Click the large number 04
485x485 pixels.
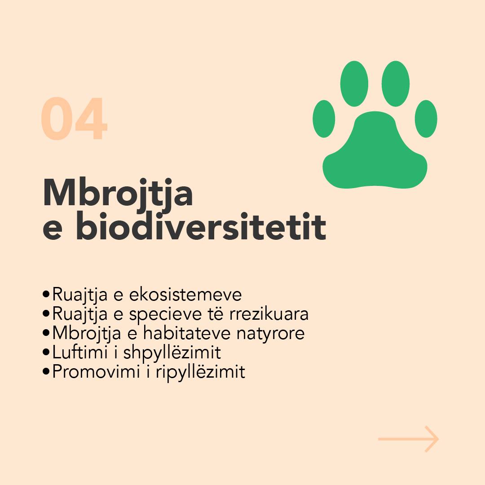pos(74,119)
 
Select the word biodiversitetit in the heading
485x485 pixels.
pos(201,226)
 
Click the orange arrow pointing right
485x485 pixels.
pos(408,439)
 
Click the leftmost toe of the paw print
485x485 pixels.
pos(324,119)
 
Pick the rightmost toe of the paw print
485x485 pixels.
pos(426,119)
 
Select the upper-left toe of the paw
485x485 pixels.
pos(354,84)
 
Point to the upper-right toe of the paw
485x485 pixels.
pos(396,84)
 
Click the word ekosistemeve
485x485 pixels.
pos(185,294)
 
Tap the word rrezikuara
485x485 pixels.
pos(269,313)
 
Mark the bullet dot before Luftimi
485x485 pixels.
pos(46,353)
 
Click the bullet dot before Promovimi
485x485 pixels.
pos(46,371)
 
